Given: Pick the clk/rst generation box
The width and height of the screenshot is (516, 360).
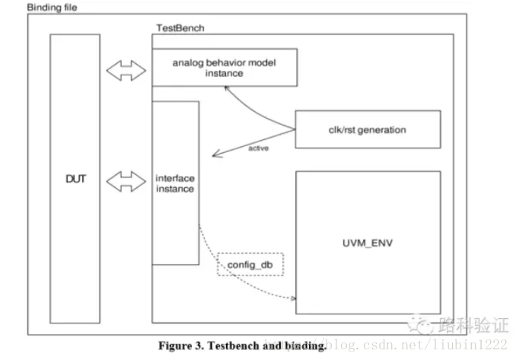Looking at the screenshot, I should [367, 130].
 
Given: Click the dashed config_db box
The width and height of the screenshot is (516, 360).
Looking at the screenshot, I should [250, 265].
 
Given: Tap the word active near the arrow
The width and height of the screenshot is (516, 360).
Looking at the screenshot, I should [259, 148].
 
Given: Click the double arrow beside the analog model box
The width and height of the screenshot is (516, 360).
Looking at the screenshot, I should [124, 71].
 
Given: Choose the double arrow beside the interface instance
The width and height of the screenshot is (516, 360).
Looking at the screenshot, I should [124, 181].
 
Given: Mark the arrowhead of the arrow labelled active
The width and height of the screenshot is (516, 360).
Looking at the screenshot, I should [215, 155].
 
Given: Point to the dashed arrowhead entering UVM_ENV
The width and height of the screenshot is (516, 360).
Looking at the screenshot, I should [291, 298].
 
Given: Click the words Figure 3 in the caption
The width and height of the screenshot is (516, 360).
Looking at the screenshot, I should [180, 346].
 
